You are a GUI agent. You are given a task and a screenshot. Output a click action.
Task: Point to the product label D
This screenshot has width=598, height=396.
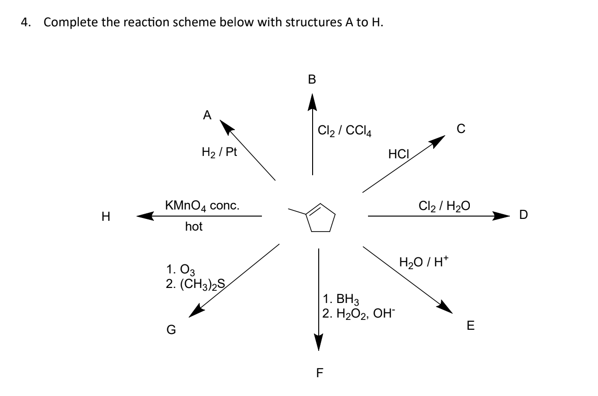point(523,215)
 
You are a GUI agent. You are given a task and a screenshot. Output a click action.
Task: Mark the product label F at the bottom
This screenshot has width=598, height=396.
point(320,373)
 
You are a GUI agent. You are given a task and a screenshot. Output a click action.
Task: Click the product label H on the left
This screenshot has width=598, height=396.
point(106,217)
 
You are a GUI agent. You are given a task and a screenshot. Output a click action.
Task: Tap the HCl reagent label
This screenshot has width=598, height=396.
point(399,153)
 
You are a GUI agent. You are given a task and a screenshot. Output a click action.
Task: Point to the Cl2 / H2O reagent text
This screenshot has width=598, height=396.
point(444,205)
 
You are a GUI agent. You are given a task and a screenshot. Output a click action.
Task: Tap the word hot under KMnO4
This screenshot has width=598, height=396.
point(194,227)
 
